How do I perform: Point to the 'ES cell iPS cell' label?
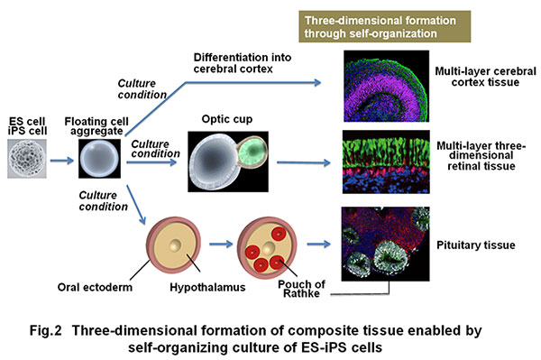pos(30,131)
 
